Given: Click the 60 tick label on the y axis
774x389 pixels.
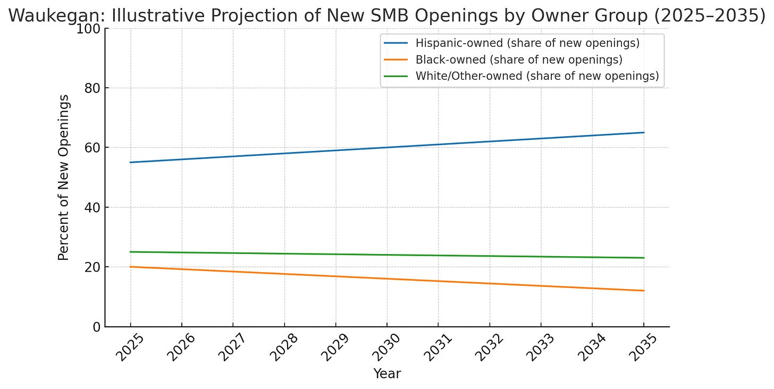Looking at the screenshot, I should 91,148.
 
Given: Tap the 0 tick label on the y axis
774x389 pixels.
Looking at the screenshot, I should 96,327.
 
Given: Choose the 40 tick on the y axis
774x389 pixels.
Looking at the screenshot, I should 91,207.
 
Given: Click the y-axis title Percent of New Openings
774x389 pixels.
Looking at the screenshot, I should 64,177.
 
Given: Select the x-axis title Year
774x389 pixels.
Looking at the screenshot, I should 387,374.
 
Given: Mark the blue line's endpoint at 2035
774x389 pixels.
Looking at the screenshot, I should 644,132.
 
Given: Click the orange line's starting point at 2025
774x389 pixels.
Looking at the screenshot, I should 130,267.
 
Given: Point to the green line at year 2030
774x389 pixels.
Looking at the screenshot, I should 387,255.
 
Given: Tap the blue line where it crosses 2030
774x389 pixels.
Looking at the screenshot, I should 387,147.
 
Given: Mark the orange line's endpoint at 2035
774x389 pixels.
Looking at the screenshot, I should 644,291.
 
